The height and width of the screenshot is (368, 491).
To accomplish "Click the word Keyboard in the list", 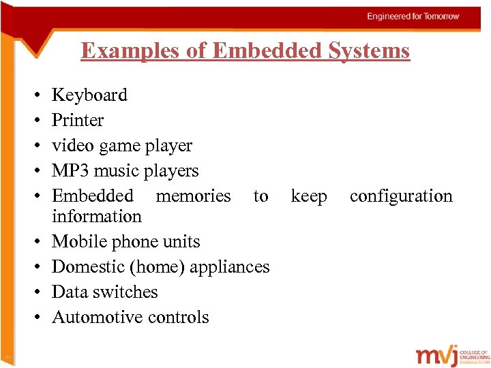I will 89,95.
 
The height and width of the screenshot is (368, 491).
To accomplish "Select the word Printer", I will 78,121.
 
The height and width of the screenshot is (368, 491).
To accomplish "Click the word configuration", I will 401,196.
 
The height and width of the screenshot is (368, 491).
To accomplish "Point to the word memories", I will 194,196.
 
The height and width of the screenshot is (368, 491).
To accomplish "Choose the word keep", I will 309,196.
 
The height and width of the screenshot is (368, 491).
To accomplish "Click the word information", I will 97,217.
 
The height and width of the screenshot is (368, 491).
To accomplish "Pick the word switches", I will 124,292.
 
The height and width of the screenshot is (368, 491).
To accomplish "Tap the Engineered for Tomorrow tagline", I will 413,16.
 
